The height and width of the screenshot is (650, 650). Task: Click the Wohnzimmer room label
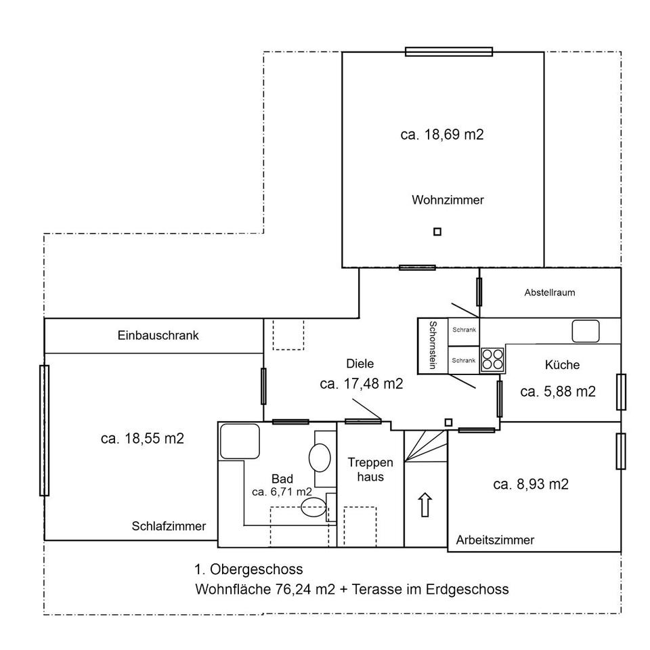(448, 200)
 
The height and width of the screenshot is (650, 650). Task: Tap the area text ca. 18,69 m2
(442, 135)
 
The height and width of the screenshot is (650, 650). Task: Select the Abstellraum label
(550, 292)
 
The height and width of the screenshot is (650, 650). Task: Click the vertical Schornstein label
(433, 345)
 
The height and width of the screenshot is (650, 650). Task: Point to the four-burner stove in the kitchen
(492, 360)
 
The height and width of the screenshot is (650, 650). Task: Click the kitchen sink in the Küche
(585, 331)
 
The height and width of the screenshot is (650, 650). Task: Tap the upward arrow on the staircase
(425, 504)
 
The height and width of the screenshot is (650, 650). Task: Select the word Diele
(360, 364)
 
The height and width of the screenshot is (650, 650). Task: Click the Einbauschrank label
(158, 335)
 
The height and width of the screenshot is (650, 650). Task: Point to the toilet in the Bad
(313, 507)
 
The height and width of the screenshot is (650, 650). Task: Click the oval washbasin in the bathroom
(320, 458)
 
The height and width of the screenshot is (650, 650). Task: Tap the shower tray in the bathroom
(240, 441)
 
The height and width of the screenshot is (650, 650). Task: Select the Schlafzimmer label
(169, 526)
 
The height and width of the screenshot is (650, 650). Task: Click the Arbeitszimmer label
(495, 540)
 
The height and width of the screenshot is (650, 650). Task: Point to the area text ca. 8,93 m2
(531, 484)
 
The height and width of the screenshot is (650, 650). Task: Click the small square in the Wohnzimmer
(437, 232)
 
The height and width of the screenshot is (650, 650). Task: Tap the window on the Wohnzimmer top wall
(449, 52)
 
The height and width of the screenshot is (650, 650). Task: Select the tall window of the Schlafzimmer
(45, 431)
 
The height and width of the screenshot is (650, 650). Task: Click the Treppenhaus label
(370, 470)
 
